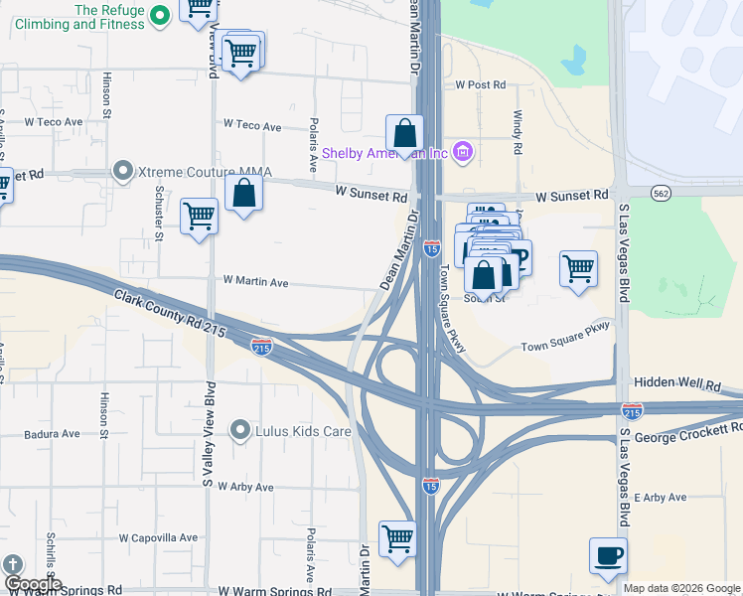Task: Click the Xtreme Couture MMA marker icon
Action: coord(123,172)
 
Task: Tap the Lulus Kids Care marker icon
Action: coord(239,430)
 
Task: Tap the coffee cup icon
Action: coord(607,556)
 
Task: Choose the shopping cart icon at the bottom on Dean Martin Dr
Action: coord(397,539)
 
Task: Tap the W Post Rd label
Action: coord(481,86)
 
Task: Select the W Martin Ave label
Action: coord(255,283)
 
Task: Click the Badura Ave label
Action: coord(58,434)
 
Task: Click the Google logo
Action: coord(32,584)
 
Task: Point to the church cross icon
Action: coord(13,563)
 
